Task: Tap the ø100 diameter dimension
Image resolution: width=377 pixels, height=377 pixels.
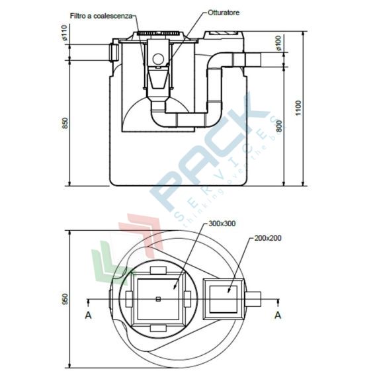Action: [x=278, y=43]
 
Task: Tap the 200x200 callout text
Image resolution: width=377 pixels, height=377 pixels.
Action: [x=267, y=237]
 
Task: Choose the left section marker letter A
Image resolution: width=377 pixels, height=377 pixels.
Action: [x=88, y=315]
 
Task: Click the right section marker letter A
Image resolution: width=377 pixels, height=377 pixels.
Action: [x=278, y=315]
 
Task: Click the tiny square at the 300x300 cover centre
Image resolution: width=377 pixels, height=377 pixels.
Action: [x=158, y=300]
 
